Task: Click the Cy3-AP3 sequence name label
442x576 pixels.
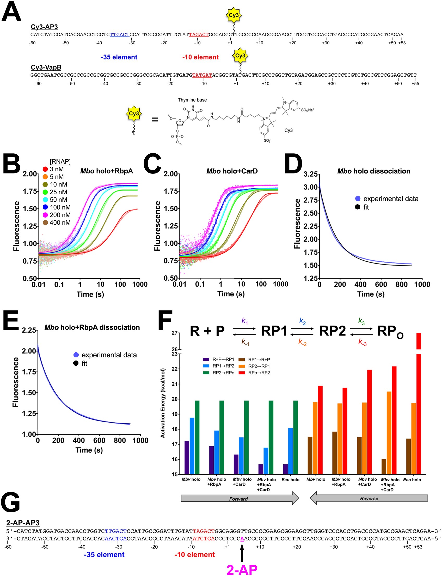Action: click(x=44, y=27)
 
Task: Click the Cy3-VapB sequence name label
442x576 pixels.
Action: click(x=46, y=67)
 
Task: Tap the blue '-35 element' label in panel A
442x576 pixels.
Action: click(x=119, y=57)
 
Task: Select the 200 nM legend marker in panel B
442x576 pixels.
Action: click(x=45, y=215)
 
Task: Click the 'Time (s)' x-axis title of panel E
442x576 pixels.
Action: click(x=89, y=450)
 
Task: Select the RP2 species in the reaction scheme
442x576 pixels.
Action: click(x=332, y=331)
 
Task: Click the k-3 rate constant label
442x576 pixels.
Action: click(x=362, y=342)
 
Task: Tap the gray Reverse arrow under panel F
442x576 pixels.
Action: click(x=369, y=498)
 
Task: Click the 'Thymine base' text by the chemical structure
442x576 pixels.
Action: click(x=192, y=100)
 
